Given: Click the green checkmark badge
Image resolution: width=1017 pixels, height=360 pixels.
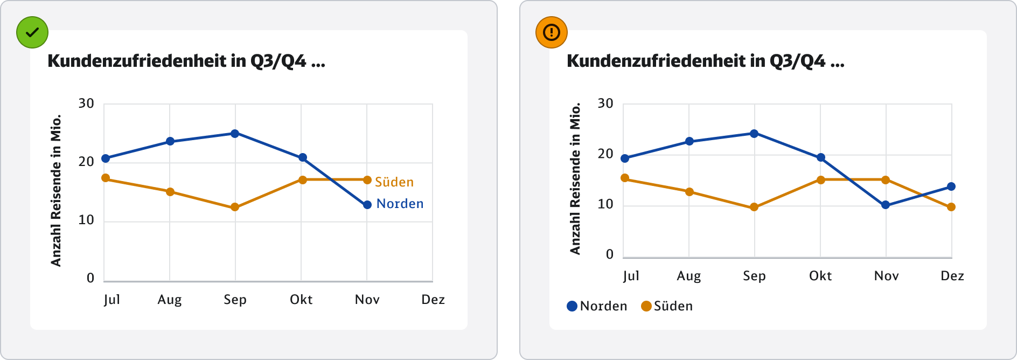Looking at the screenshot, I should pyautogui.click(x=32, y=32).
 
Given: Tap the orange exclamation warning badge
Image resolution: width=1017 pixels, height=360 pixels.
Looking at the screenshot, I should pyautogui.click(x=552, y=32).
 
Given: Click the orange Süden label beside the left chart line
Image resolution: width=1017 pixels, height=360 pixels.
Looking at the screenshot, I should pyautogui.click(x=394, y=182).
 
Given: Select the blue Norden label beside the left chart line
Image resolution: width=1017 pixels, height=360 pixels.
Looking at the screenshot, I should pyautogui.click(x=400, y=204).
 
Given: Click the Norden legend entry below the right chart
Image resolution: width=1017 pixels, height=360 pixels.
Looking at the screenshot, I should pyautogui.click(x=597, y=306).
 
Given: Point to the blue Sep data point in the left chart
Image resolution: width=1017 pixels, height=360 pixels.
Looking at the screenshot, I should pyautogui.click(x=235, y=133).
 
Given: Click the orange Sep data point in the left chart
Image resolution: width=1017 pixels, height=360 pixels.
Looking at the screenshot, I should pyautogui.click(x=235, y=207).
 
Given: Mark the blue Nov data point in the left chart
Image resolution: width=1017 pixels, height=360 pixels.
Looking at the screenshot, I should pyautogui.click(x=367, y=205).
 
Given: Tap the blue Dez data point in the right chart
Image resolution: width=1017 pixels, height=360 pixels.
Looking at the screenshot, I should pyautogui.click(x=951, y=186).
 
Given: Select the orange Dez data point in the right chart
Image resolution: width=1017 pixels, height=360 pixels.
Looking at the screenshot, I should pyautogui.click(x=951, y=207).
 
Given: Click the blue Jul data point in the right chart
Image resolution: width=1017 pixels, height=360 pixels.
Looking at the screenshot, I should pyautogui.click(x=625, y=158).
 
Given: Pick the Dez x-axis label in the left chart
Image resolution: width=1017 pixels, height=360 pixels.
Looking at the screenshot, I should pyautogui.click(x=433, y=300).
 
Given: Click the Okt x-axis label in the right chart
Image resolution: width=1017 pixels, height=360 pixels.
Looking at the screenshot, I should pyautogui.click(x=820, y=276).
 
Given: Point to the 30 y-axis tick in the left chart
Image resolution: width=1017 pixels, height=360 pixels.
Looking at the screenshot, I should pyautogui.click(x=86, y=103).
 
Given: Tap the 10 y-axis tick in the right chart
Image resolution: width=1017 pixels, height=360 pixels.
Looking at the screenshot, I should pyautogui.click(x=605, y=204).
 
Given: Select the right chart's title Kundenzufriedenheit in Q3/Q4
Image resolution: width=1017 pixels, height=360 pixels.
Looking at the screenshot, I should pyautogui.click(x=705, y=61).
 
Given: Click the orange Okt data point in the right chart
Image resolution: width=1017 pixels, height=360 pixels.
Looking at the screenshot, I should pyautogui.click(x=821, y=180).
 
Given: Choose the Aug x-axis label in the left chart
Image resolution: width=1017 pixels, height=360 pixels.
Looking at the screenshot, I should pyautogui.click(x=170, y=300).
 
